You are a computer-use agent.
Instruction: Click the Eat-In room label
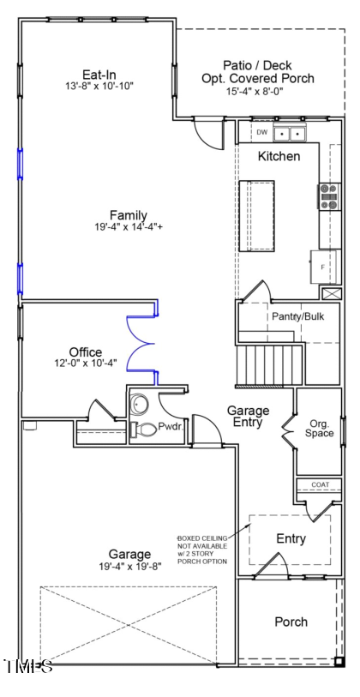tap(99, 75)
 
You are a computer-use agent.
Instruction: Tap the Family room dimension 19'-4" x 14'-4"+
tap(128, 227)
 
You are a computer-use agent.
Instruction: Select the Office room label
tap(86, 352)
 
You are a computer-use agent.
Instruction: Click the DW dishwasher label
tap(262, 132)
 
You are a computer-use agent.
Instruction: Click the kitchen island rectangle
tap(256, 215)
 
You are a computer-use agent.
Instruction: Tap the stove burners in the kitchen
tap(328, 197)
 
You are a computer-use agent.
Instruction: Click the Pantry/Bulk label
tap(298, 316)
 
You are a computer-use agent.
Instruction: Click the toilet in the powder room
tap(147, 429)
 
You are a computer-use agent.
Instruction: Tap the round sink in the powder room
tap(139, 402)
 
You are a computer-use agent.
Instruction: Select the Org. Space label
tap(320, 428)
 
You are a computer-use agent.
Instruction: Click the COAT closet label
tap(320, 484)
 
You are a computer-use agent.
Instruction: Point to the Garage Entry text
tap(248, 417)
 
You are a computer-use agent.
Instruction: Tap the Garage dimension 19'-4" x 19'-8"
tap(129, 567)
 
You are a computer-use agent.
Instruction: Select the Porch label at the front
tap(291, 622)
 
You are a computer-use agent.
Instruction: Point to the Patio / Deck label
tap(256, 65)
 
